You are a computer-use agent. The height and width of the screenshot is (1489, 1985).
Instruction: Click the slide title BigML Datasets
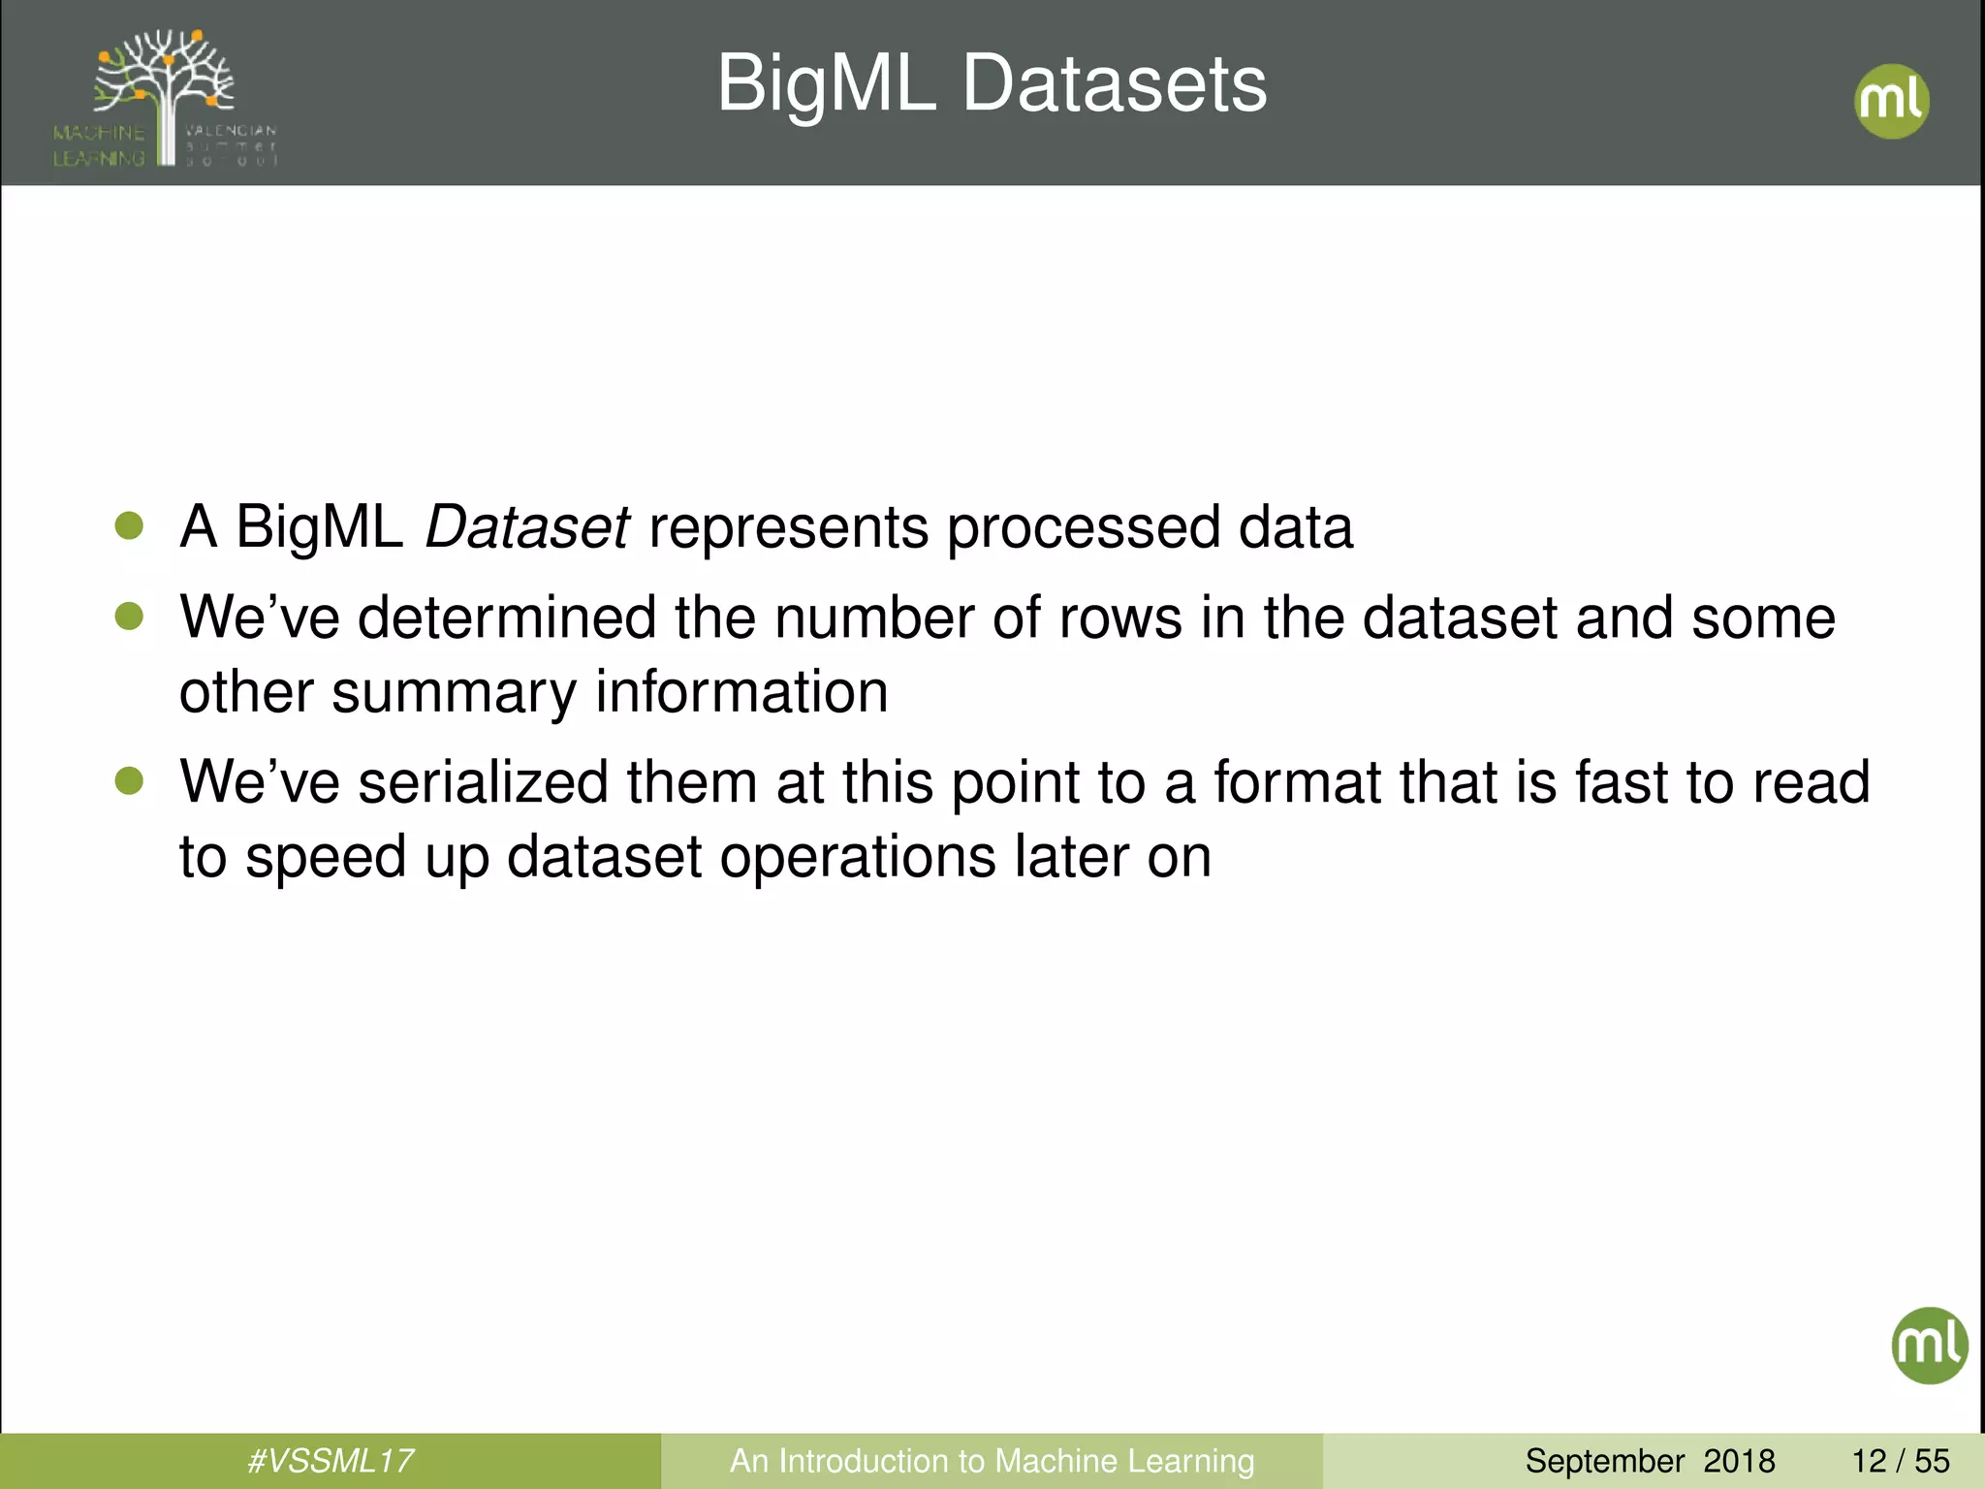click(992, 84)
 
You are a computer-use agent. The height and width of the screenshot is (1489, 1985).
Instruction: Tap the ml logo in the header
click(1891, 101)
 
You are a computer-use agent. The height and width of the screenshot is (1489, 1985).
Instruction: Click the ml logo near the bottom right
click(1929, 1345)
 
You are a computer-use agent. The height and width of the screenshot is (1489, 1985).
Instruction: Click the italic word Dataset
click(527, 527)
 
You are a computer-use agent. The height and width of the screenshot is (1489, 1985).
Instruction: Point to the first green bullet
click(129, 526)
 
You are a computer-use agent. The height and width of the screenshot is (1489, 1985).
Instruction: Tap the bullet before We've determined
click(129, 617)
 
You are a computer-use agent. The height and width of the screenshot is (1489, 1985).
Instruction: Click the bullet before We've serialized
click(129, 781)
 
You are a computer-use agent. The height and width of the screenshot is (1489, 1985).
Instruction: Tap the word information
click(741, 692)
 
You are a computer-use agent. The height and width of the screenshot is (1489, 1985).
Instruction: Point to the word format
click(1297, 783)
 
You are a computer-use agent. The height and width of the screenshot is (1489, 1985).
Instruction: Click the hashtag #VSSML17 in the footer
click(331, 1461)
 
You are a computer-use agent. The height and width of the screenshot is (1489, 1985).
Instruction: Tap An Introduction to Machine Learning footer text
click(992, 1461)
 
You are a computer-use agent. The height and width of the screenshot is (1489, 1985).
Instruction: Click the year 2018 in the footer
click(1739, 1461)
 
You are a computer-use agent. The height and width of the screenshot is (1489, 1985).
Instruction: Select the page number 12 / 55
click(1900, 1461)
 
